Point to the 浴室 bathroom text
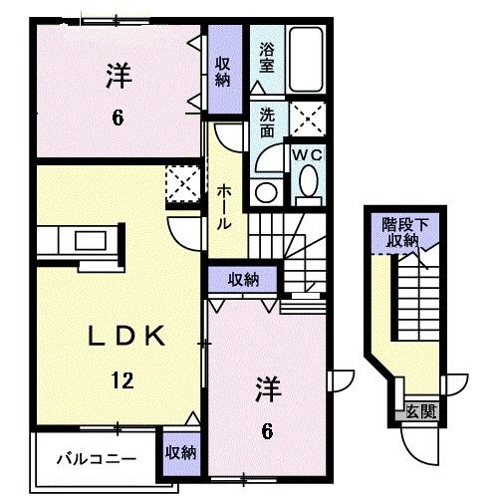(266, 55)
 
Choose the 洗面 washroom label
(266, 122)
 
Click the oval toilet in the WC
(309, 182)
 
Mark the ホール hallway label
(227, 205)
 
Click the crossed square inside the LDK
(181, 183)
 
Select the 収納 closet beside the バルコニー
(181, 453)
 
